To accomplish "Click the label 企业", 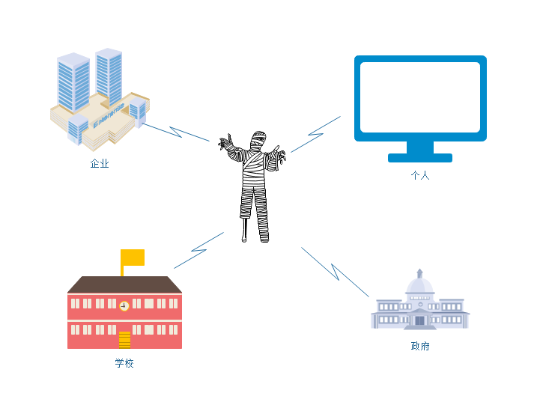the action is point(100,163).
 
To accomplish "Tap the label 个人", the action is point(420,175).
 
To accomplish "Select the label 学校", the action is point(124,363).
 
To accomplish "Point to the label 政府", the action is point(420,346).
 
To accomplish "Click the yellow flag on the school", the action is point(133,258).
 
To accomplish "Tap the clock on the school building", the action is point(124,305).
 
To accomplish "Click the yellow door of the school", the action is point(124,340).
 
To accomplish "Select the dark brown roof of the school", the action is point(124,284).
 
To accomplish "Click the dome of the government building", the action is point(420,286).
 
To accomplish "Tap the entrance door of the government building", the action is point(420,320).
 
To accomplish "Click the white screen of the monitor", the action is point(420,97).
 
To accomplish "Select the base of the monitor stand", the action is point(420,158).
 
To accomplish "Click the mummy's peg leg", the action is point(245,230).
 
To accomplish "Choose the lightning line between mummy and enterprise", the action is point(176,133).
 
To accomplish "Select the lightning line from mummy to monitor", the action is point(316,134).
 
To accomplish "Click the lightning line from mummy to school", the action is point(198,250).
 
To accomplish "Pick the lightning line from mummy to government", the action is point(335,272).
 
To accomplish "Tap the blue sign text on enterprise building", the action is point(109,115).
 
